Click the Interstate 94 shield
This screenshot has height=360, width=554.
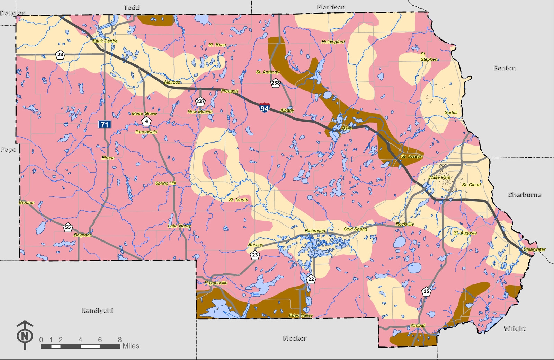[x=264, y=107]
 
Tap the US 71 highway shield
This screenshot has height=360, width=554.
[x=105, y=124]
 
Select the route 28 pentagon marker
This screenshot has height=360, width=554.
[x=60, y=55]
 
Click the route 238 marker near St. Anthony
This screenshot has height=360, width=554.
[x=276, y=83]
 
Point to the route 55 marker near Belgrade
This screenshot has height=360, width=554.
[x=68, y=227]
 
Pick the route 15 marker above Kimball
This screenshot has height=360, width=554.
[x=426, y=291]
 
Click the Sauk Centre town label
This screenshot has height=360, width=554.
[x=105, y=41]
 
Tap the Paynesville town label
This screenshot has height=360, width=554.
[x=216, y=283]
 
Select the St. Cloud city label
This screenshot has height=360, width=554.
[x=471, y=185]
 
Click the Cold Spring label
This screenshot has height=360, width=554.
[x=355, y=229]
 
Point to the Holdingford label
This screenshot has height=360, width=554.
[x=333, y=42]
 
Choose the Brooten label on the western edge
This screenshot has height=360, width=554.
[x=27, y=202]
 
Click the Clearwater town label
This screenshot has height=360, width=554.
[x=534, y=249]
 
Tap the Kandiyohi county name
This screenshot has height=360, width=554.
[x=97, y=310]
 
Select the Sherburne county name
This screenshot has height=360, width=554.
[x=525, y=195]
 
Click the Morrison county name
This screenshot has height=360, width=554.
[x=331, y=7]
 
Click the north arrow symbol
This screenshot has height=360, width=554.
[x=25, y=335]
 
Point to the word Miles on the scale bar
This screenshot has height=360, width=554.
[x=131, y=346]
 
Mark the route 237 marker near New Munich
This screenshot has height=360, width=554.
[x=200, y=102]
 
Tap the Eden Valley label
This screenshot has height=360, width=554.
[x=301, y=315]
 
